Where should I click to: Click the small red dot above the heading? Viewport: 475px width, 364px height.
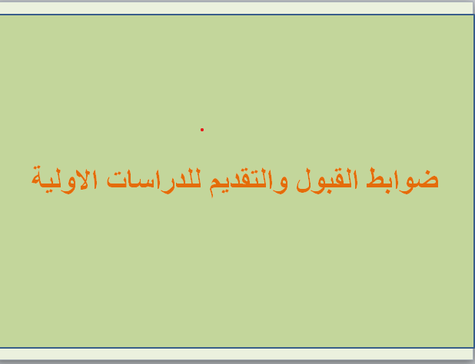click(202, 130)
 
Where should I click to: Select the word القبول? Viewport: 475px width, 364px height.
click(327, 180)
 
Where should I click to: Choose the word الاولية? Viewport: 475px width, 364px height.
click(65, 180)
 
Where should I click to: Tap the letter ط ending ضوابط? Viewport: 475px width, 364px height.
click(375, 179)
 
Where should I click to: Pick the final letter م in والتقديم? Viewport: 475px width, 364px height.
click(214, 186)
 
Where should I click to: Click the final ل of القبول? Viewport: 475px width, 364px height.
click(303, 181)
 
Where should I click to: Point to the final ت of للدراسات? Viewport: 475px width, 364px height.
click(116, 180)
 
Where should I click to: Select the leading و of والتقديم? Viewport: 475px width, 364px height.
click(282, 185)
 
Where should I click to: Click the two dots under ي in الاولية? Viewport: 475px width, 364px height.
click(50, 191)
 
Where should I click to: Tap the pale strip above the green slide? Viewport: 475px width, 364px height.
click(237, 8)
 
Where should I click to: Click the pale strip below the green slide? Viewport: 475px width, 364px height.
click(237, 354)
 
